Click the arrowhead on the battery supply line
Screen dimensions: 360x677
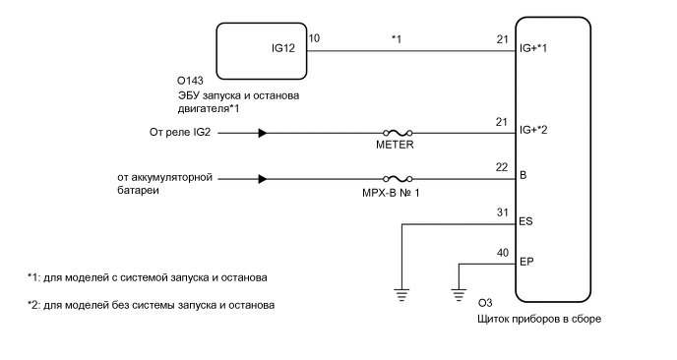[263, 179]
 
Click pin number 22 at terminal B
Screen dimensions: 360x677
[503, 165]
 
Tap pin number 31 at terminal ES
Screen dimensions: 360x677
[503, 211]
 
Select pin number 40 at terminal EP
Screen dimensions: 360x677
[503, 252]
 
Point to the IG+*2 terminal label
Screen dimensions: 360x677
[535, 131]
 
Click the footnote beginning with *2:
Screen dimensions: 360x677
[151, 305]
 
